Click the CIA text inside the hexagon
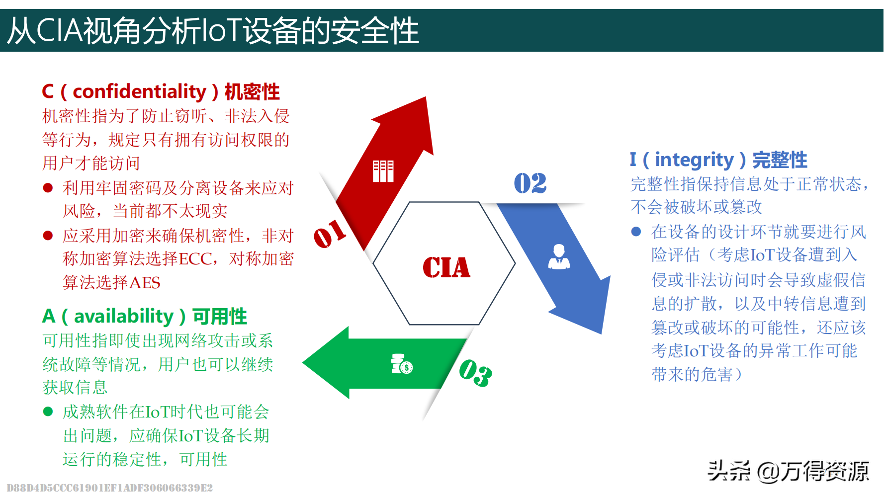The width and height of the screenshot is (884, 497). click(x=446, y=267)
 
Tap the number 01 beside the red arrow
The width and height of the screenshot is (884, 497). click(x=330, y=233)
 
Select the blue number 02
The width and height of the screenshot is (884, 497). click(x=530, y=183)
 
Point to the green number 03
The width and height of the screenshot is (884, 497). click(x=475, y=372)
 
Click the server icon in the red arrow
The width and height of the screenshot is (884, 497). click(x=383, y=171)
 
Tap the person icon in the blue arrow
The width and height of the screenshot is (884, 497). click(x=559, y=256)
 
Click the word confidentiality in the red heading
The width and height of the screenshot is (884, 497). click(x=139, y=92)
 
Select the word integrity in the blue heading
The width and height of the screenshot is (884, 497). click(x=694, y=160)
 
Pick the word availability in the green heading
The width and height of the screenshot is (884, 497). click(x=124, y=317)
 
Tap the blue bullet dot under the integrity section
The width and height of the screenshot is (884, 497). click(x=636, y=232)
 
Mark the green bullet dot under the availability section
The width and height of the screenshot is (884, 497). click(x=48, y=412)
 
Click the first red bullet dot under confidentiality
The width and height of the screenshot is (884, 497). click(x=48, y=188)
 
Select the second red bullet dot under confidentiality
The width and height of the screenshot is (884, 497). click(x=48, y=236)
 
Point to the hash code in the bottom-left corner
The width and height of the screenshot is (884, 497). click(x=110, y=488)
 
